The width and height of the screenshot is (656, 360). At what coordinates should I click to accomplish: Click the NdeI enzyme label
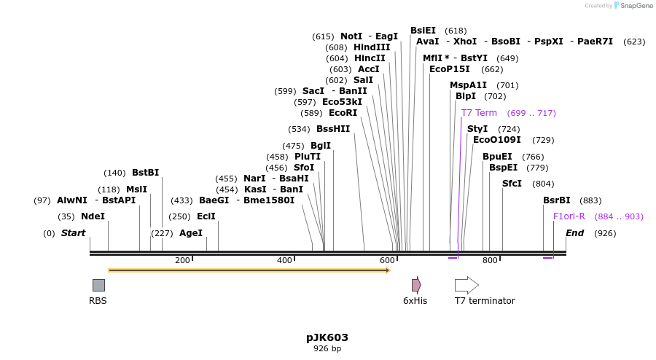(x=93, y=216)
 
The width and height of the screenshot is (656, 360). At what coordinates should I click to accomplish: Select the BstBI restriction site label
(x=145, y=173)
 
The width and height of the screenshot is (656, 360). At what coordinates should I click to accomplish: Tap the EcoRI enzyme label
(x=343, y=113)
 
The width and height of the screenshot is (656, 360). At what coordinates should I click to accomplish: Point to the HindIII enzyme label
(x=372, y=47)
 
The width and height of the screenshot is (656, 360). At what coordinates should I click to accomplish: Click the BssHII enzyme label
(x=333, y=129)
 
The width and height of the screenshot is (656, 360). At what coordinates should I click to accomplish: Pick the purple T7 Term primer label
(x=479, y=113)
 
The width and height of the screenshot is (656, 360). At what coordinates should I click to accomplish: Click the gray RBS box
(x=98, y=285)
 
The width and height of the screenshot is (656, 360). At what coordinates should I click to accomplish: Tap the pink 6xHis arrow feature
(x=416, y=285)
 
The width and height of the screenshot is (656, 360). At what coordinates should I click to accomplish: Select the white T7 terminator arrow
(x=466, y=285)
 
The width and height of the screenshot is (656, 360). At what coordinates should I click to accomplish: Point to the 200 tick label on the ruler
(x=182, y=260)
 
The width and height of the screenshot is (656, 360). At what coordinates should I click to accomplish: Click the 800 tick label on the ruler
(x=489, y=260)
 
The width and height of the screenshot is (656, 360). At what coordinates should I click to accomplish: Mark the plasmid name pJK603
(x=327, y=337)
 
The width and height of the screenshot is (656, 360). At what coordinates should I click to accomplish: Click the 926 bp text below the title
(x=327, y=349)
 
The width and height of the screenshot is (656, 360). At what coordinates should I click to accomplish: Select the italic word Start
(x=73, y=233)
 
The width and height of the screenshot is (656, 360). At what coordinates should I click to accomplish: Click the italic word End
(x=574, y=233)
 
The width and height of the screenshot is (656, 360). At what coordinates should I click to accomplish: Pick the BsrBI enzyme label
(x=556, y=200)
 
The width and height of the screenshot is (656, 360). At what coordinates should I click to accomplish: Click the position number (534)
(x=299, y=129)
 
